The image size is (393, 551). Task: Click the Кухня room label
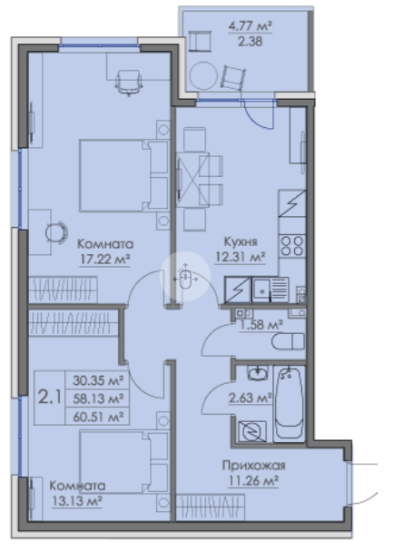pos(241,241)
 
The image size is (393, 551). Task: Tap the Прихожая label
pos(253,466)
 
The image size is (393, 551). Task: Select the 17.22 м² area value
pos(104,260)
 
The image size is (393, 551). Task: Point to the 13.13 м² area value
pos(77,500)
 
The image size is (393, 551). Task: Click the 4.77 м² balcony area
pos(250,26)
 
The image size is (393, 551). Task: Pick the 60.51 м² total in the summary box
pos(98,418)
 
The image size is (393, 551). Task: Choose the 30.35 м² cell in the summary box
pos(98,380)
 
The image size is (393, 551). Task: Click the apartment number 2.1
pos(50,398)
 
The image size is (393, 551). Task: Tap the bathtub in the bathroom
pos(289,403)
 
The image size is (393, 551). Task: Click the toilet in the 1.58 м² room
pos(288,341)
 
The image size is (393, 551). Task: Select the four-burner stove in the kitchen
pos(292,246)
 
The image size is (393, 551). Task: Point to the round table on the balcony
pos(203,75)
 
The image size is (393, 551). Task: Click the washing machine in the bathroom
pos(251,431)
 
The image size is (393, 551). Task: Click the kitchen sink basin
pos(261,290)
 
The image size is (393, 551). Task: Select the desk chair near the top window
pos(129,83)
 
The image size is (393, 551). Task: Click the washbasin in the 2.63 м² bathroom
pos(258,373)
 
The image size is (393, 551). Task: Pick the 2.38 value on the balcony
pos(250,42)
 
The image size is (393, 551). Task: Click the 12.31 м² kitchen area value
pos(241,257)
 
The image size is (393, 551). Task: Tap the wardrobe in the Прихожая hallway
pos(210,507)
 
